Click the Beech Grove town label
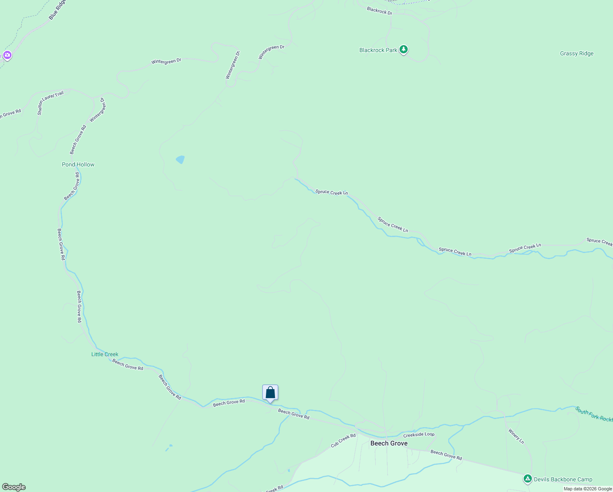[x=388, y=443]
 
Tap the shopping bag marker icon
[x=270, y=393]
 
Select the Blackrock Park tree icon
[x=404, y=50]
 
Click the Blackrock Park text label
[x=378, y=50]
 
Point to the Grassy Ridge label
[x=577, y=53]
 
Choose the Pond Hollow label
[x=78, y=164]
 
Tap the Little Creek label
[x=104, y=354]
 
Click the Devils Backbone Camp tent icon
[x=527, y=479]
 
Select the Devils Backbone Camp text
[x=563, y=479]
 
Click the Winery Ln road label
[x=516, y=436]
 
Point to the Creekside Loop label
[x=418, y=435]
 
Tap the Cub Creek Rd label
[x=343, y=441]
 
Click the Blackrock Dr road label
[x=379, y=11]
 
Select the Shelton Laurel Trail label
[x=50, y=102]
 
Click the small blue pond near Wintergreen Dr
[x=180, y=159]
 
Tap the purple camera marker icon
[x=7, y=55]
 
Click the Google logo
[x=14, y=487]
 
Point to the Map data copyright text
[x=587, y=489]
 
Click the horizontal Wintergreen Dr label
[x=166, y=61]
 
